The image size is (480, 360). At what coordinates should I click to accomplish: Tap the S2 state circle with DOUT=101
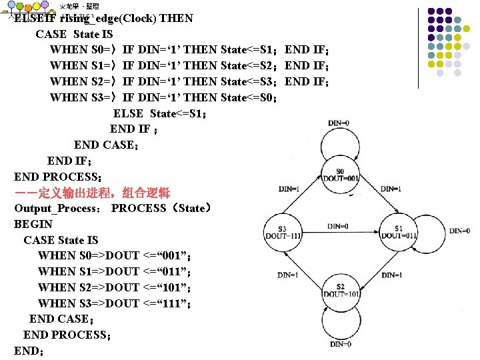point(341,290)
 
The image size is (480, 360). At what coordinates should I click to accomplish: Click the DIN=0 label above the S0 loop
point(340,122)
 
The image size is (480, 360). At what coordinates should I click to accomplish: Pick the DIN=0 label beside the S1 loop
point(459,231)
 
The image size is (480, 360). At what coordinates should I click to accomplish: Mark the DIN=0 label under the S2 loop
point(341,344)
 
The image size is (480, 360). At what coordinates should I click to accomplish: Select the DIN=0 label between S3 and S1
point(339,225)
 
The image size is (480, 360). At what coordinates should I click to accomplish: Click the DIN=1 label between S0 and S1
point(391,189)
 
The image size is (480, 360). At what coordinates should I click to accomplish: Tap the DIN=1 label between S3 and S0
point(288,189)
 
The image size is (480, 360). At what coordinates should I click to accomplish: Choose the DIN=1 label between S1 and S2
point(391,275)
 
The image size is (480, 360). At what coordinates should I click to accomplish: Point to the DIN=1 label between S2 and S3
point(288,275)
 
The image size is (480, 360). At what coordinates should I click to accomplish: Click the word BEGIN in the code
point(33,225)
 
